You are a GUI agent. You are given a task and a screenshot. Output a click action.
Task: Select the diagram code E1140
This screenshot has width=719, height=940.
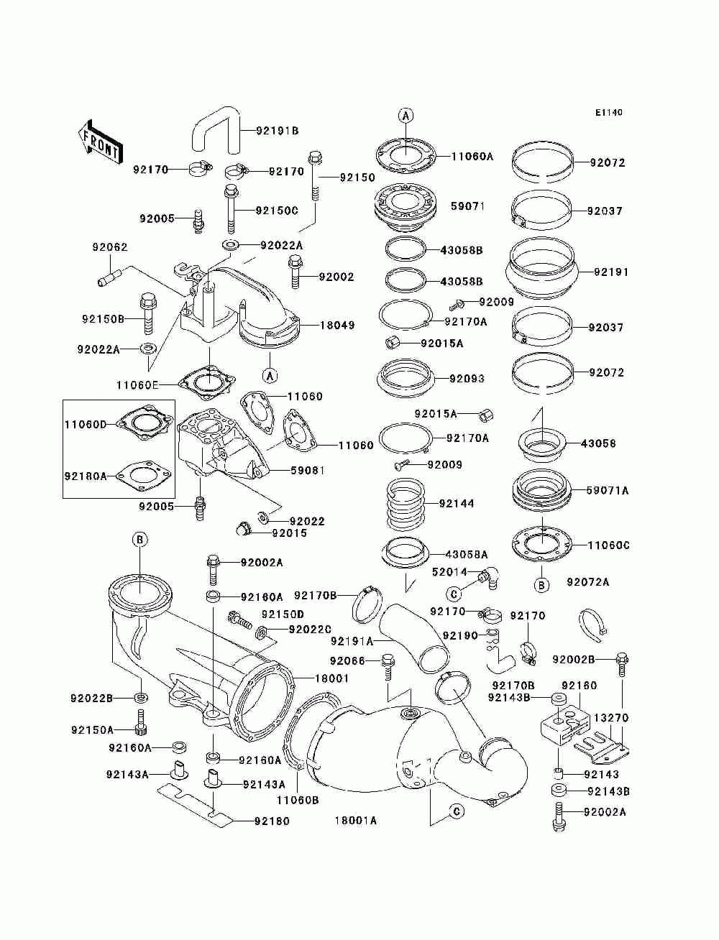click(x=608, y=113)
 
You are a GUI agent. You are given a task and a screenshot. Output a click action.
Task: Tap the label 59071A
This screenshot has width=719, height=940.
click(x=608, y=491)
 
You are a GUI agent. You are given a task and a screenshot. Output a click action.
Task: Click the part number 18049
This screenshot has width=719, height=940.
click(x=337, y=326)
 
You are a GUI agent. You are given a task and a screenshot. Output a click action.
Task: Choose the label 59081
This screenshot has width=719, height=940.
click(x=307, y=471)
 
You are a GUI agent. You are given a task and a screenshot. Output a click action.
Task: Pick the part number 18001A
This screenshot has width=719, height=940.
click(x=356, y=820)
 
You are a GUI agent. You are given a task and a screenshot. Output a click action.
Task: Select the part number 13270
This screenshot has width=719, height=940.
click(x=611, y=717)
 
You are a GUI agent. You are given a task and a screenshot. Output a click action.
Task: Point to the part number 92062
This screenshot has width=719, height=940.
click(x=109, y=247)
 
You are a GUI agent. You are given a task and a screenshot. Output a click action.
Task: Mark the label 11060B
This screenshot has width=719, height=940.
click(x=298, y=799)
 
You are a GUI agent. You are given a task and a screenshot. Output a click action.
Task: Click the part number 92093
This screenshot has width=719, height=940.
click(x=467, y=379)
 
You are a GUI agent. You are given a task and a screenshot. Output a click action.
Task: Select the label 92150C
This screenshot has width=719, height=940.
click(x=277, y=211)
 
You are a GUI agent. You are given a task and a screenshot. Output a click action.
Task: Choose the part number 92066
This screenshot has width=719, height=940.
click(x=347, y=660)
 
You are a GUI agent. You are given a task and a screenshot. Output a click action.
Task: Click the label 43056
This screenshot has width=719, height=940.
click(x=598, y=443)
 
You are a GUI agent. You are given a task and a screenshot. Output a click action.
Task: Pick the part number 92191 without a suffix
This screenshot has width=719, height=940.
click(x=611, y=272)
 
